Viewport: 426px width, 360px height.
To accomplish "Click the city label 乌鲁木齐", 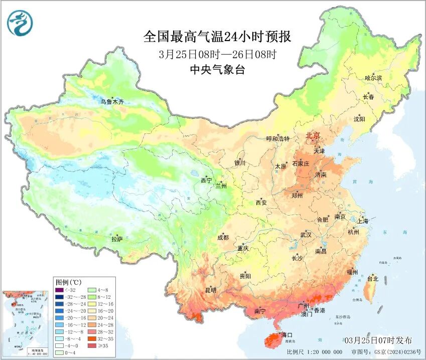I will (x=111, y=102).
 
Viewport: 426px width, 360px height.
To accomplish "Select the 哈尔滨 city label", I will (x=373, y=78).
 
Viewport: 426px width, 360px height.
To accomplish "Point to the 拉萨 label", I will (x=117, y=240).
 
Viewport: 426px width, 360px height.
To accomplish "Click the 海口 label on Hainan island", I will (x=287, y=334).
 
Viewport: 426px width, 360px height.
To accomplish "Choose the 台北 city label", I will (x=373, y=279).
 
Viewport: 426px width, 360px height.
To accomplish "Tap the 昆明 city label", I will (x=210, y=290).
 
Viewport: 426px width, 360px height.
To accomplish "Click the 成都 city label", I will (x=223, y=238).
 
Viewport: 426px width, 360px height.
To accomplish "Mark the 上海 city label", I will (x=363, y=221).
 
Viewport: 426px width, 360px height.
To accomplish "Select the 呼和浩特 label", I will (x=277, y=139).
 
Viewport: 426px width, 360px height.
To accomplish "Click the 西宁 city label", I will (x=207, y=181).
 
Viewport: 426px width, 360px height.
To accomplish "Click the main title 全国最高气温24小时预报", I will (x=217, y=37).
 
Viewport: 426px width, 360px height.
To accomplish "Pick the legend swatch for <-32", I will (x=59, y=290).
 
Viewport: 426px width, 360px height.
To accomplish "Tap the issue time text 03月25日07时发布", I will (x=378, y=340).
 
